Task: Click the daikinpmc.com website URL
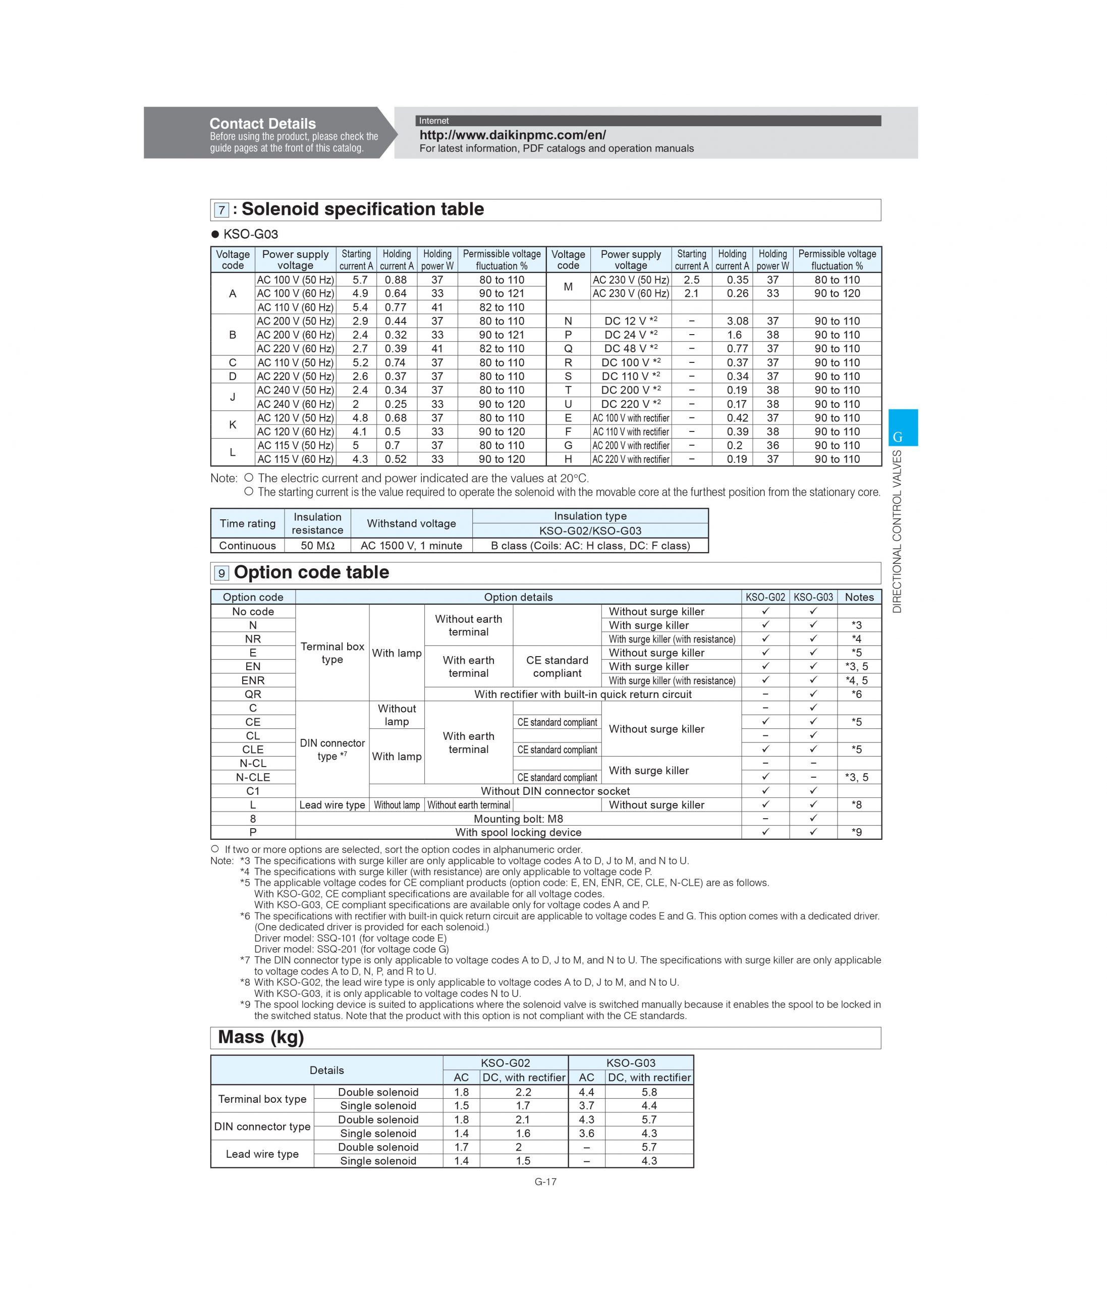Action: pyautogui.click(x=512, y=135)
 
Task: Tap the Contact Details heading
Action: pyautogui.click(x=262, y=124)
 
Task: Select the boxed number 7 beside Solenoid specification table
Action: pyautogui.click(x=222, y=210)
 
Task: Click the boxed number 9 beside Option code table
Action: pyautogui.click(x=222, y=573)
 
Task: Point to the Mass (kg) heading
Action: pyautogui.click(x=260, y=1037)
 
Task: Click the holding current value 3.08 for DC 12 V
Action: pyautogui.click(x=737, y=321)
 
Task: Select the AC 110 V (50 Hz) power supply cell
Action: pyautogui.click(x=296, y=362)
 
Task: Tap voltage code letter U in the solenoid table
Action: pyautogui.click(x=568, y=404)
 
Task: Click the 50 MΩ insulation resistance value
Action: pyautogui.click(x=317, y=546)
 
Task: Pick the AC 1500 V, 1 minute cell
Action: pyautogui.click(x=411, y=546)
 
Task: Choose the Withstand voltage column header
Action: pyautogui.click(x=411, y=524)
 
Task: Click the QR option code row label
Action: pyautogui.click(x=253, y=694)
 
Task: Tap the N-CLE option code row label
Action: pyautogui.click(x=253, y=777)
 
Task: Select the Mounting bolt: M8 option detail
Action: pyautogui.click(x=518, y=819)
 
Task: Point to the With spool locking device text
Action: pyautogui.click(x=518, y=832)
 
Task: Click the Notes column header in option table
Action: pyautogui.click(x=859, y=597)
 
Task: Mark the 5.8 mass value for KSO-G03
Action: pyautogui.click(x=649, y=1092)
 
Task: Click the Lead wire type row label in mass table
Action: pyautogui.click(x=262, y=1154)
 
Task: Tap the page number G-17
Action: pyautogui.click(x=545, y=1181)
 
